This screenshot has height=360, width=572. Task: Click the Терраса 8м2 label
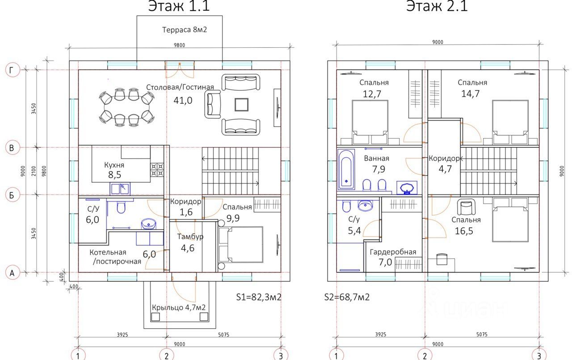coord(185,30)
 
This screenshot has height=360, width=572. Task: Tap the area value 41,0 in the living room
coord(183,100)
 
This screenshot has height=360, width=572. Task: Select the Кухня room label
coord(114,165)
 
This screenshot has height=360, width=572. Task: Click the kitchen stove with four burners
coord(157,170)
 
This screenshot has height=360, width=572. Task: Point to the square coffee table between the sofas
coord(241,105)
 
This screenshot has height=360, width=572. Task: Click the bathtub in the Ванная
coord(346,170)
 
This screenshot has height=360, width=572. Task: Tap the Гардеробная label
coord(393,252)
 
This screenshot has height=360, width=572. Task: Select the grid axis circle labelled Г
coord(12,70)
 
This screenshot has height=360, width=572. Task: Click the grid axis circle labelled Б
coord(12,195)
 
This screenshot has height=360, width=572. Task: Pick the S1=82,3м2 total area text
coord(259,297)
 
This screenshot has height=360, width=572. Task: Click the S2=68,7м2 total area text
coord(347,297)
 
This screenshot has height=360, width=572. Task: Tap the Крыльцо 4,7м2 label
coord(179,308)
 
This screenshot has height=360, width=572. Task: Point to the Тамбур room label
coord(190,237)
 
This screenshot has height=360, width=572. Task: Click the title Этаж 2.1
coord(437,6)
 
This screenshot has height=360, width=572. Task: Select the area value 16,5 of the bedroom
coord(464,231)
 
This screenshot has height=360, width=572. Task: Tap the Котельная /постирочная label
coord(115,257)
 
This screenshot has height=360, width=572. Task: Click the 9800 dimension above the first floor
coord(179,45)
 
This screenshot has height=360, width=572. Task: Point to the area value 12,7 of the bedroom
coord(372,94)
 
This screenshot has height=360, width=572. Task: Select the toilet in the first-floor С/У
coord(121,207)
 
